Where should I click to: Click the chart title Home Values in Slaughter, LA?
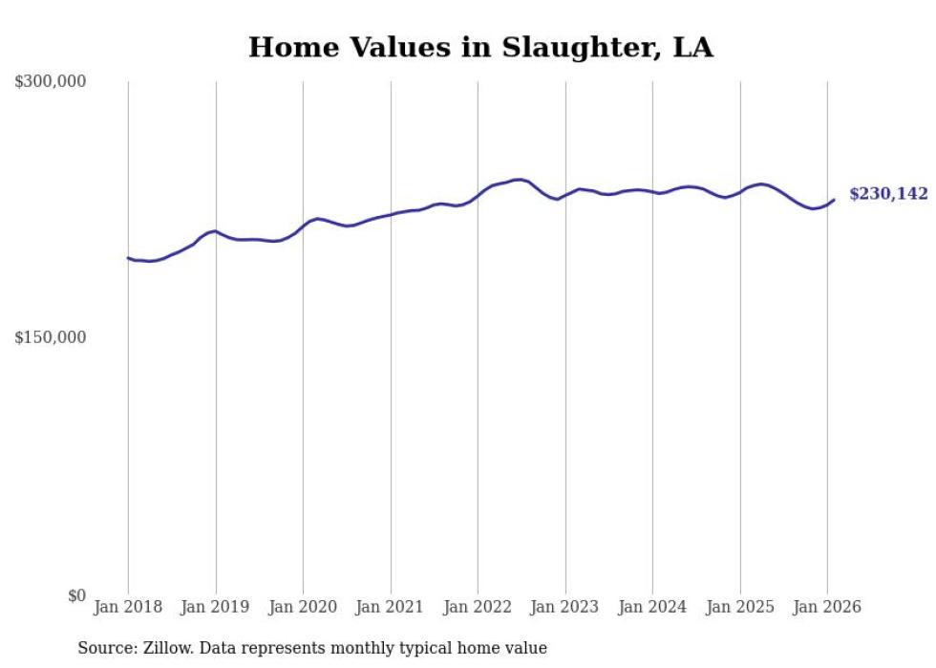[x=480, y=48]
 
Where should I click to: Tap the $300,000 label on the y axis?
[x=51, y=82]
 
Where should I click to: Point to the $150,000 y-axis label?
[x=51, y=337]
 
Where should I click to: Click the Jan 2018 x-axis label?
[x=128, y=607]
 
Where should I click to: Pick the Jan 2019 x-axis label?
[x=216, y=607]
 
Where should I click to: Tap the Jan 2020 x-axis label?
[x=303, y=607]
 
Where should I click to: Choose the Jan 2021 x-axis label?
[x=391, y=607]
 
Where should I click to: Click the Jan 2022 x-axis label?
[x=478, y=607]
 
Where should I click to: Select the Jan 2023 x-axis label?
[x=565, y=607]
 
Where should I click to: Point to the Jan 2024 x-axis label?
[x=652, y=607]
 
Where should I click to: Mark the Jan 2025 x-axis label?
[x=740, y=607]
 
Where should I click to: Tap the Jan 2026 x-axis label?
[x=827, y=607]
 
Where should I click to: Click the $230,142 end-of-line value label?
[x=888, y=194]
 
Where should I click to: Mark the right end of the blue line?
[x=834, y=200]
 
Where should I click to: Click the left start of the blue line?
[x=128, y=258]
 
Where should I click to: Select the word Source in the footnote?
[x=104, y=648]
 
